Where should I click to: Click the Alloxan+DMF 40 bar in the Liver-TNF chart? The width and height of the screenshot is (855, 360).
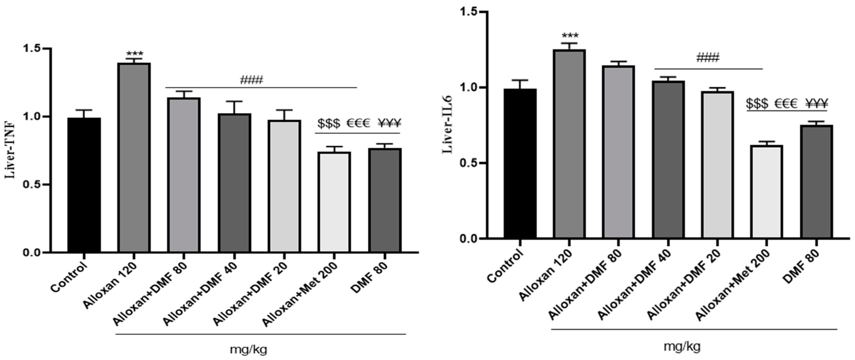click(x=234, y=183)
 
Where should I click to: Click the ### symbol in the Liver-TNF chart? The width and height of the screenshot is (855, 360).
click(x=251, y=80)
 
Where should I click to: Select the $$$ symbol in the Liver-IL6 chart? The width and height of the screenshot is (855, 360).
click(x=757, y=103)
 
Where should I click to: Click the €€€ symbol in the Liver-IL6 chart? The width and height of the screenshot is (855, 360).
click(x=786, y=103)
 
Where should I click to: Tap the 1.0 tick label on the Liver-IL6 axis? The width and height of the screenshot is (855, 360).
click(x=469, y=88)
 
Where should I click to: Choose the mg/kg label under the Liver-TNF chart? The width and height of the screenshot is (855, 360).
click(x=249, y=349)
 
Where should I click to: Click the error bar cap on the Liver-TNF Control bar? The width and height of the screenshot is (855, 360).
click(x=84, y=110)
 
